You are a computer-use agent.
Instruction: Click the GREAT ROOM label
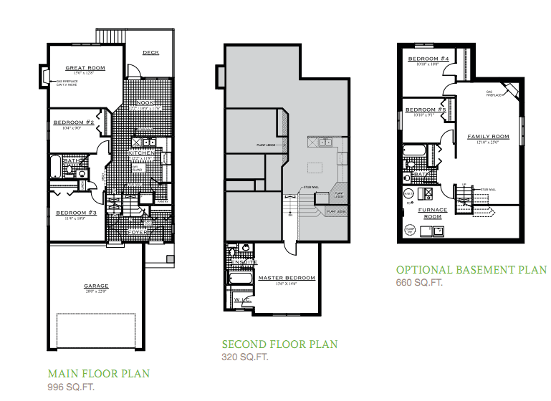click(x=85, y=69)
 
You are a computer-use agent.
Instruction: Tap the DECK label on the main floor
click(x=150, y=52)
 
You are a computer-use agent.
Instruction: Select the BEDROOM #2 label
click(x=74, y=122)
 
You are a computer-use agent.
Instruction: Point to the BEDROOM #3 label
click(x=76, y=213)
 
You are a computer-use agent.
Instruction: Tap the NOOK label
click(x=146, y=103)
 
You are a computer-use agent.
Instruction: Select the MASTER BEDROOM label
click(x=286, y=278)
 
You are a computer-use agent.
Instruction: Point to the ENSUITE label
click(x=240, y=263)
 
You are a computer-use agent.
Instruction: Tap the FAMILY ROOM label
click(x=488, y=136)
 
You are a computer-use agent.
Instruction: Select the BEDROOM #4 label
click(x=428, y=59)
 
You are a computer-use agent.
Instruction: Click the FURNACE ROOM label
click(x=433, y=213)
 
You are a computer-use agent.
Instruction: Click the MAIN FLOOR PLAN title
click(x=98, y=374)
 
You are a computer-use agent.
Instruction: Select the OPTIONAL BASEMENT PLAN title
click(x=471, y=270)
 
